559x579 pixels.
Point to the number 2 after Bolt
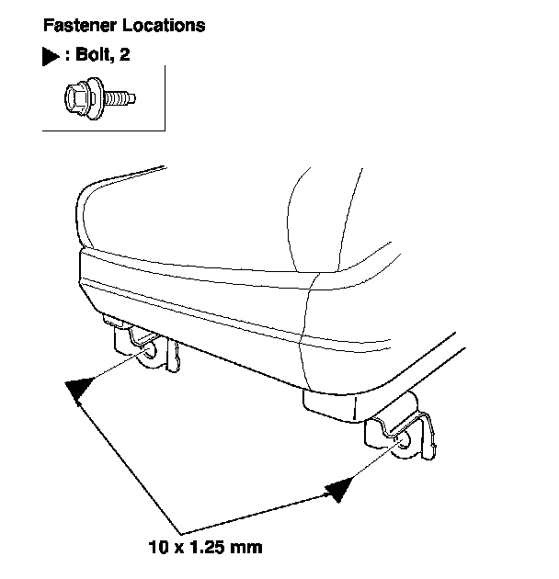(x=125, y=55)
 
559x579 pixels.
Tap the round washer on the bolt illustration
(x=93, y=96)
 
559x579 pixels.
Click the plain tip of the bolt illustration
(x=134, y=96)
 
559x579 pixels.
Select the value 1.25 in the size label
(x=208, y=548)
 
